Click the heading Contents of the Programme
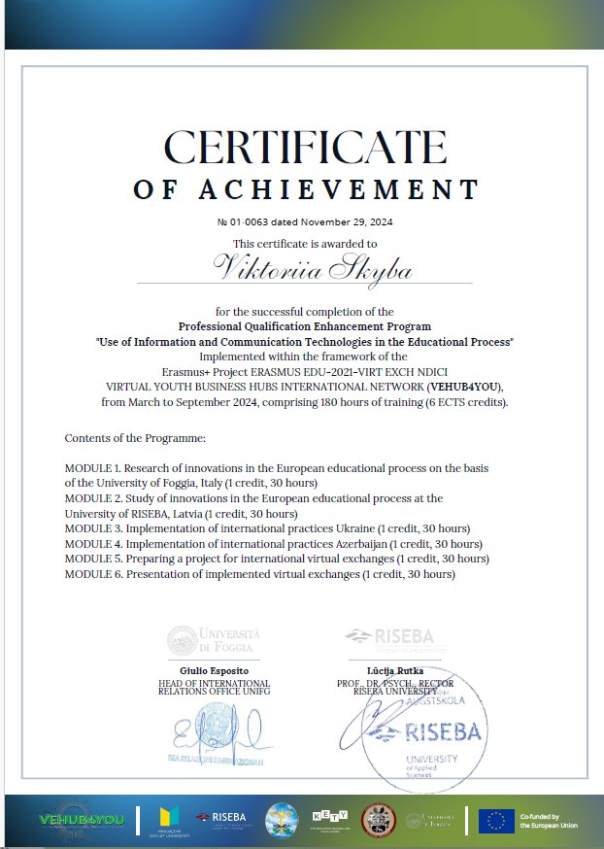tap(121, 439)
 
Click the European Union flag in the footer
tap(496, 821)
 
